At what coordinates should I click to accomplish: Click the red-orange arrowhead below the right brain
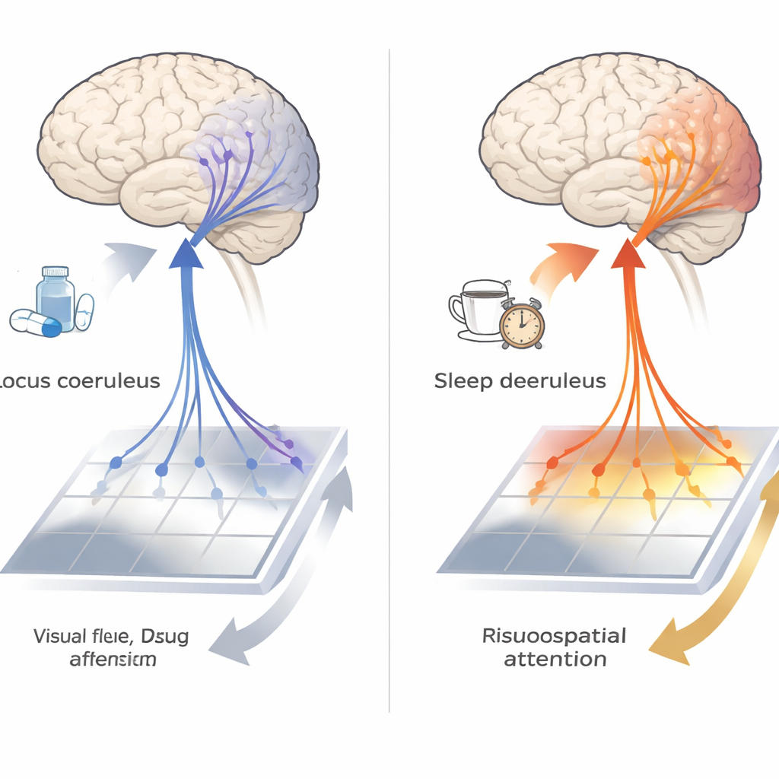pos(627,255)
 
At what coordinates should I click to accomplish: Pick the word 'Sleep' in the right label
pos(464,380)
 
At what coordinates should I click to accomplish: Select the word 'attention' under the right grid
pos(555,659)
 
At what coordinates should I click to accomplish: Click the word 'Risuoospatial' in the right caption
pos(555,636)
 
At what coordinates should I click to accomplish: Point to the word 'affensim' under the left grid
pos(113,659)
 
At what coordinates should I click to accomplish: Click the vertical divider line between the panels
pos(389,380)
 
